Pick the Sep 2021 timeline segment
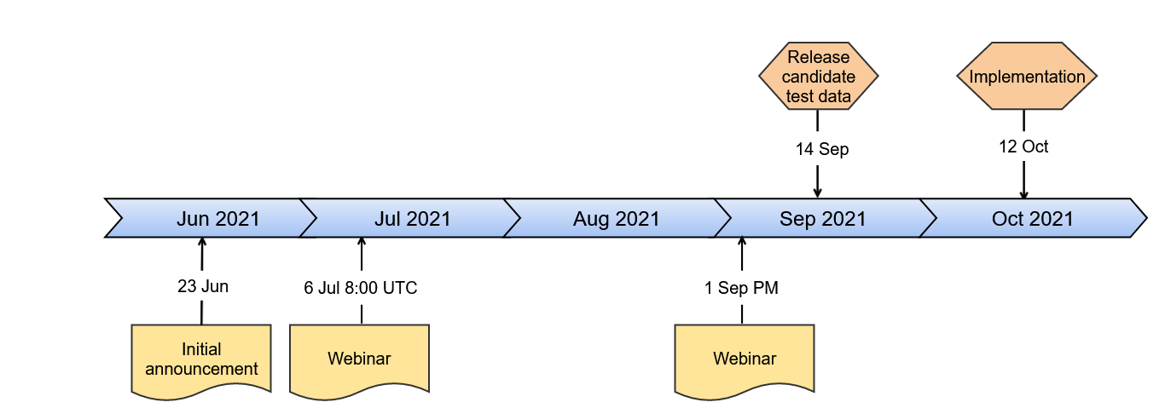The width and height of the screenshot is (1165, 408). point(823,218)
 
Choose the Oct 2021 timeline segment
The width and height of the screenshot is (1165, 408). point(1032,218)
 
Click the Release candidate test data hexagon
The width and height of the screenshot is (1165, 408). point(818,76)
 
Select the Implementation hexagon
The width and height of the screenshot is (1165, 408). point(1027,76)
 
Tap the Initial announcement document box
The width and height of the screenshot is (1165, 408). point(201,361)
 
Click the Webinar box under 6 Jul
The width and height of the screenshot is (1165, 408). point(359,361)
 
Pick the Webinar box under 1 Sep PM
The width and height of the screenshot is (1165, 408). point(745,361)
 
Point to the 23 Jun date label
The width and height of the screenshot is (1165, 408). point(203,286)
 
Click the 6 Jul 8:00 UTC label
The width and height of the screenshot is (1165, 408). point(361,288)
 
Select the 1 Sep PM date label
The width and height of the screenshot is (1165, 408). point(741,288)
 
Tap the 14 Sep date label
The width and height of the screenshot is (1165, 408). point(822,149)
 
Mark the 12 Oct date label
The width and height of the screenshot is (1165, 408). point(1023,147)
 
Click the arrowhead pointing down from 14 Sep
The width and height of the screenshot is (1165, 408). point(818,193)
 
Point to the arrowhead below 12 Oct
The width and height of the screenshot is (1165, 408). point(1023,193)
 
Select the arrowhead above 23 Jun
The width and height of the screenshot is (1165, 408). point(202,243)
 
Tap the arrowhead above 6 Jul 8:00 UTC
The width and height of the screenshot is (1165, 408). point(362,243)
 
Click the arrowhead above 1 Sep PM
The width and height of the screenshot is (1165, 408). point(742,243)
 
